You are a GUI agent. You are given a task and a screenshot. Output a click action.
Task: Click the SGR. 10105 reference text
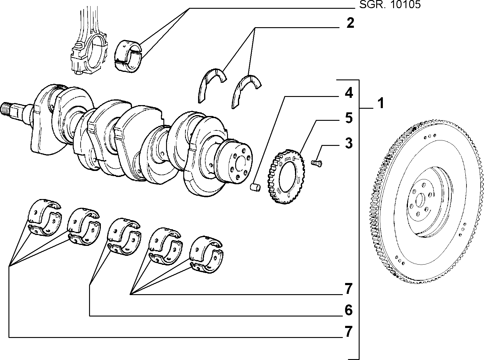click(x=390, y=4)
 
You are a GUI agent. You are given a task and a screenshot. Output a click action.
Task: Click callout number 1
click(x=380, y=104)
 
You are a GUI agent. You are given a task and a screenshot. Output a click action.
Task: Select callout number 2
click(x=351, y=23)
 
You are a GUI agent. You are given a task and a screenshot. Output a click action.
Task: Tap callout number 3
click(x=349, y=143)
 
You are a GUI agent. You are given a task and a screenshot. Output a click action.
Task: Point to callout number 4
click(x=349, y=93)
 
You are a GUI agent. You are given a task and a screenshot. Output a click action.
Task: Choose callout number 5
click(x=349, y=118)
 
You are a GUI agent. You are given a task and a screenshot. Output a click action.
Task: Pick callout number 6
click(x=348, y=310)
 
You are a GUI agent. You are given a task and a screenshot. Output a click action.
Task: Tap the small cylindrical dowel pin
click(x=255, y=187)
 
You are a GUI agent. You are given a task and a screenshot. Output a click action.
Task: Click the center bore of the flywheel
click(x=420, y=201)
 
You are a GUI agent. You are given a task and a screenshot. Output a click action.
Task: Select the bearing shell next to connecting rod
click(x=128, y=56)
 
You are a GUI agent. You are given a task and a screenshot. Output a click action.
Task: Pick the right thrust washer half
click(x=245, y=90)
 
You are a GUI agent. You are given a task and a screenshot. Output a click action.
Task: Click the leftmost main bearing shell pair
click(x=45, y=218)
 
